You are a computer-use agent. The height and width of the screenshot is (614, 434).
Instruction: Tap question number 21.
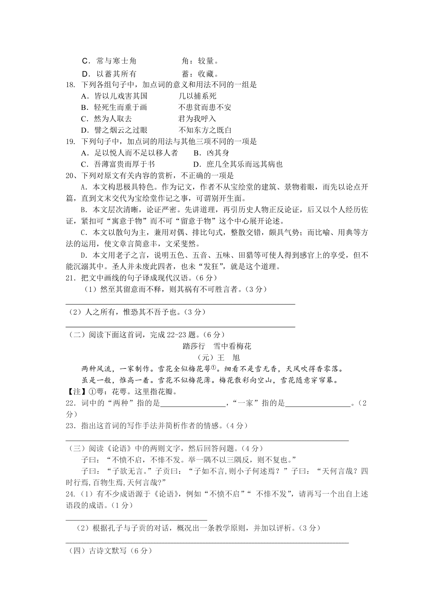71,278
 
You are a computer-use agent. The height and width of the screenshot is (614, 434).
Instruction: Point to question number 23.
71,426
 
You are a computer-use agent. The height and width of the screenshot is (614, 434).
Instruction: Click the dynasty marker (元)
204,358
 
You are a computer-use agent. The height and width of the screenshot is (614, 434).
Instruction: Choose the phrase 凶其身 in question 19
217,153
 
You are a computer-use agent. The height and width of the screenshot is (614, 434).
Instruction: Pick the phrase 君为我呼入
197,119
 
